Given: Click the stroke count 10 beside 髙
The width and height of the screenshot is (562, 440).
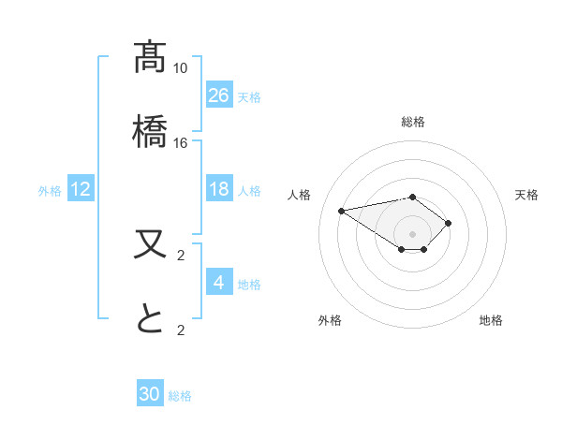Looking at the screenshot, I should (180, 68).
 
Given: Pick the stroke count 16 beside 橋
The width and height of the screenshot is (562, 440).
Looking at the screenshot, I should (180, 143).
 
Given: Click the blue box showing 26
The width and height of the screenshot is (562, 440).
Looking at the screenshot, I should (219, 95).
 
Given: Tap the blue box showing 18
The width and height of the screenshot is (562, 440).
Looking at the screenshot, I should (219, 189).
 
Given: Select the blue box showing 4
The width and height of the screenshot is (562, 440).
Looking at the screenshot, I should (219, 283).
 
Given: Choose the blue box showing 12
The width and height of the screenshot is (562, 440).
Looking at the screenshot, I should (81, 189).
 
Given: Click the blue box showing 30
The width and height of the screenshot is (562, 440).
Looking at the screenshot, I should (150, 394).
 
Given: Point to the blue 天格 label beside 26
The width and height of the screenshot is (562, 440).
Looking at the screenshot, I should (249, 96).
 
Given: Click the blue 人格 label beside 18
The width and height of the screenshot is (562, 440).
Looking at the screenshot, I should (249, 191).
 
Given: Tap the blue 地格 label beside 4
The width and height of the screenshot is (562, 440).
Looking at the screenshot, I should (249, 285).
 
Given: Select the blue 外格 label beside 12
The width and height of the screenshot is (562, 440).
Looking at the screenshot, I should (50, 191).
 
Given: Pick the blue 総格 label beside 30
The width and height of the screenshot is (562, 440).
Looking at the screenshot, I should (180, 396).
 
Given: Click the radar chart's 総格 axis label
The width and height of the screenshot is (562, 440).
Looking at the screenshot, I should (412, 122).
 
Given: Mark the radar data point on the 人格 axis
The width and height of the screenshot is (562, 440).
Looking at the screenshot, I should (342, 210).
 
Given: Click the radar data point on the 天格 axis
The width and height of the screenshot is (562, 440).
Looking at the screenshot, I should (449, 223).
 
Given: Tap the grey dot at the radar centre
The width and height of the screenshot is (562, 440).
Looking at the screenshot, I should (412, 234).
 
